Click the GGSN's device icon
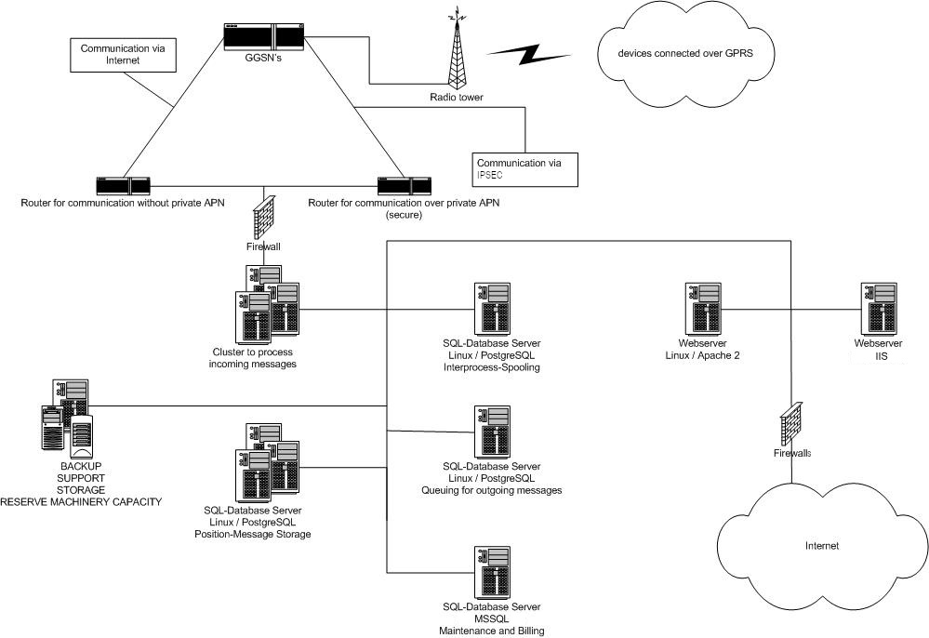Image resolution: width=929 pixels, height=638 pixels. pos(264,36)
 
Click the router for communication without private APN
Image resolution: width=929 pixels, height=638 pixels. pos(123,184)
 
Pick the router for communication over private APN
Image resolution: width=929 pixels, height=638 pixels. pos(404,184)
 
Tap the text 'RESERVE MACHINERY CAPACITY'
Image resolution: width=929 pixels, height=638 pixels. pos(81,502)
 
